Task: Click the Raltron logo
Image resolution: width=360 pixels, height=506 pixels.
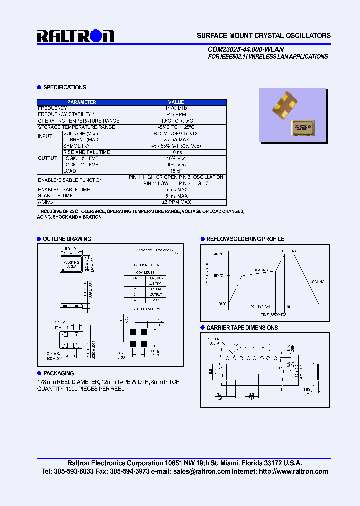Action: click(75, 36)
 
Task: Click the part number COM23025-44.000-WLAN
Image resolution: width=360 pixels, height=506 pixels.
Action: click(246, 49)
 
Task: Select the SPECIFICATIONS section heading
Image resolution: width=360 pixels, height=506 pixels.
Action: click(64, 87)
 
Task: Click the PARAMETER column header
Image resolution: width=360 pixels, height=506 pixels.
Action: click(82, 102)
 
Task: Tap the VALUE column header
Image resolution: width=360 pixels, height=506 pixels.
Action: click(176, 102)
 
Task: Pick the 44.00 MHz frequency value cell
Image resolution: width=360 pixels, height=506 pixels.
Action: click(176, 108)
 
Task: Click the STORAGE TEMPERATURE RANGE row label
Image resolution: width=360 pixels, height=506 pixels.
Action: click(76, 127)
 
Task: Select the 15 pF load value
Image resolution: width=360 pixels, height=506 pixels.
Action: click(176, 171)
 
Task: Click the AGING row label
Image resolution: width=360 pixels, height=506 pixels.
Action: click(45, 202)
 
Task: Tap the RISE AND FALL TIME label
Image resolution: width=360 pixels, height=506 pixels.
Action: click(86, 152)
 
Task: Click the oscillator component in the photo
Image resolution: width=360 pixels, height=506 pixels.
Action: click(287, 105)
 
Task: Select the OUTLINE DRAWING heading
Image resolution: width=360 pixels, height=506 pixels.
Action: click(67, 239)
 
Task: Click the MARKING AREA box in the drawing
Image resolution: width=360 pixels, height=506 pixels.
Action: click(70, 264)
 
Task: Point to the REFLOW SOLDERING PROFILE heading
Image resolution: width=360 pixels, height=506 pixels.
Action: click(245, 239)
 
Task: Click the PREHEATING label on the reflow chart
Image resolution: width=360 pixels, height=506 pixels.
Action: click(258, 270)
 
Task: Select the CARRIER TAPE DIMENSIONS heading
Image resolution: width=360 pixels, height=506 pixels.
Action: click(242, 328)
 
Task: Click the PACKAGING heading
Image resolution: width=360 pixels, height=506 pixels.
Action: click(58, 373)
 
